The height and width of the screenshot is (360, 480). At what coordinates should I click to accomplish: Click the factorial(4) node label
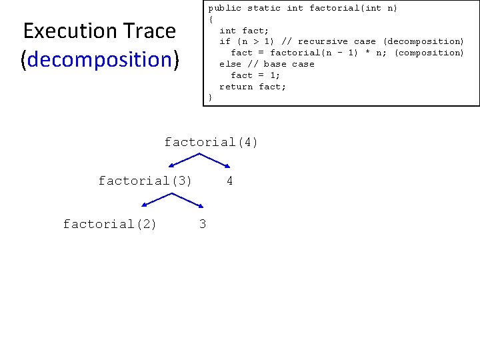tap(211, 142)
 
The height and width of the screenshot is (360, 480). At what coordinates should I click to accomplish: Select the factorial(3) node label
tap(145, 181)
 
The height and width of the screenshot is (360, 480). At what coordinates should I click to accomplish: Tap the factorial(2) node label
tap(110, 224)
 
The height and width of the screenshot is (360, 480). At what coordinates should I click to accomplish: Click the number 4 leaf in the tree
tap(229, 181)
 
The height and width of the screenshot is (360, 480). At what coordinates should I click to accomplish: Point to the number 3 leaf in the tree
tap(203, 224)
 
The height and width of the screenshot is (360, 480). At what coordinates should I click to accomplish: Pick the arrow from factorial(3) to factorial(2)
tap(156, 200)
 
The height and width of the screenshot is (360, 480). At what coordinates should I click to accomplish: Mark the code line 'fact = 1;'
tap(255, 75)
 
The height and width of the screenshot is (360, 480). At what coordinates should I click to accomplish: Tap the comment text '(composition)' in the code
tap(429, 53)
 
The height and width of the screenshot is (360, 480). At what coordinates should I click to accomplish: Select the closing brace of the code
tap(211, 97)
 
